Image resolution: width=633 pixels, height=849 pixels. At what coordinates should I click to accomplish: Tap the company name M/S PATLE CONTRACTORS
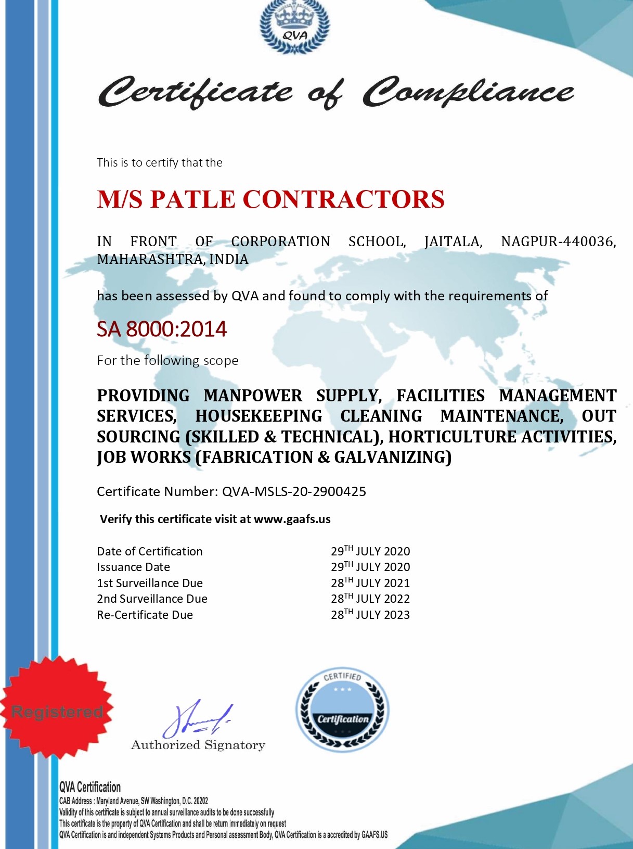tap(270, 199)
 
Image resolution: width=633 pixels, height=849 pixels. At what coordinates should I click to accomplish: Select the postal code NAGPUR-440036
tap(558, 242)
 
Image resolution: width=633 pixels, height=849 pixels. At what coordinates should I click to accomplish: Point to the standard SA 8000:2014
tap(162, 329)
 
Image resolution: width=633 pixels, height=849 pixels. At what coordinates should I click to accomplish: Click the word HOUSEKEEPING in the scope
tap(259, 416)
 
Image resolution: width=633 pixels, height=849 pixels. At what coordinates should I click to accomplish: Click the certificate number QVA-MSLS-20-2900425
tap(294, 491)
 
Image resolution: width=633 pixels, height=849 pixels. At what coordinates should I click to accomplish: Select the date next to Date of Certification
tap(370, 551)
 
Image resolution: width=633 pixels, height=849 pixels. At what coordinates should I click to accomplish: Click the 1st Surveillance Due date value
tap(370, 583)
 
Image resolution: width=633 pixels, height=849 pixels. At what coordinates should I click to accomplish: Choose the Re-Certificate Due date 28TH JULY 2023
tap(370, 615)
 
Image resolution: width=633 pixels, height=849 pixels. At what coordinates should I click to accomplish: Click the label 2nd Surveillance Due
tap(152, 599)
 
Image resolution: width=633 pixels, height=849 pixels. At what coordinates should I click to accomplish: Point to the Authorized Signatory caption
tap(198, 745)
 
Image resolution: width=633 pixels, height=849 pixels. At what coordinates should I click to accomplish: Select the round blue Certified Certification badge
tap(342, 710)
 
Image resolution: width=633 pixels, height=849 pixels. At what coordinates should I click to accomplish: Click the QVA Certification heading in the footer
tap(90, 787)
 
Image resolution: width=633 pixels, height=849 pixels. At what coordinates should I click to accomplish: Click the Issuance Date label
tap(133, 567)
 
